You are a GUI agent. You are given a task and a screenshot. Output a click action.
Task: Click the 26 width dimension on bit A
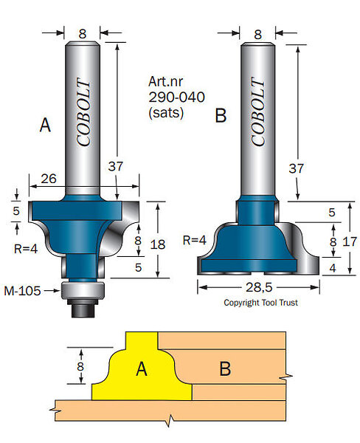click(x=49, y=179)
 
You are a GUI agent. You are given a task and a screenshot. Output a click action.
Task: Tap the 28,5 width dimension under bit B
click(x=259, y=287)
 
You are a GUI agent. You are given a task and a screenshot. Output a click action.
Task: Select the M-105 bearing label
click(x=22, y=291)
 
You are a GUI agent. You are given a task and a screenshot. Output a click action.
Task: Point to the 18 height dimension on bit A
click(x=158, y=244)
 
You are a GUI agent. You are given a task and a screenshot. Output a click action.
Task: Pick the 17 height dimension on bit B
click(x=350, y=242)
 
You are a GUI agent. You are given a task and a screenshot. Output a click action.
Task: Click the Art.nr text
click(x=165, y=81)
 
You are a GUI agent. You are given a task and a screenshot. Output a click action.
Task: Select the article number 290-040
click(x=176, y=97)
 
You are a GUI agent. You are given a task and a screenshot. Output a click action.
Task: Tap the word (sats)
click(x=166, y=113)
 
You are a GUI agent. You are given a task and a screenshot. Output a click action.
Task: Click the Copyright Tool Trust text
click(x=260, y=303)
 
